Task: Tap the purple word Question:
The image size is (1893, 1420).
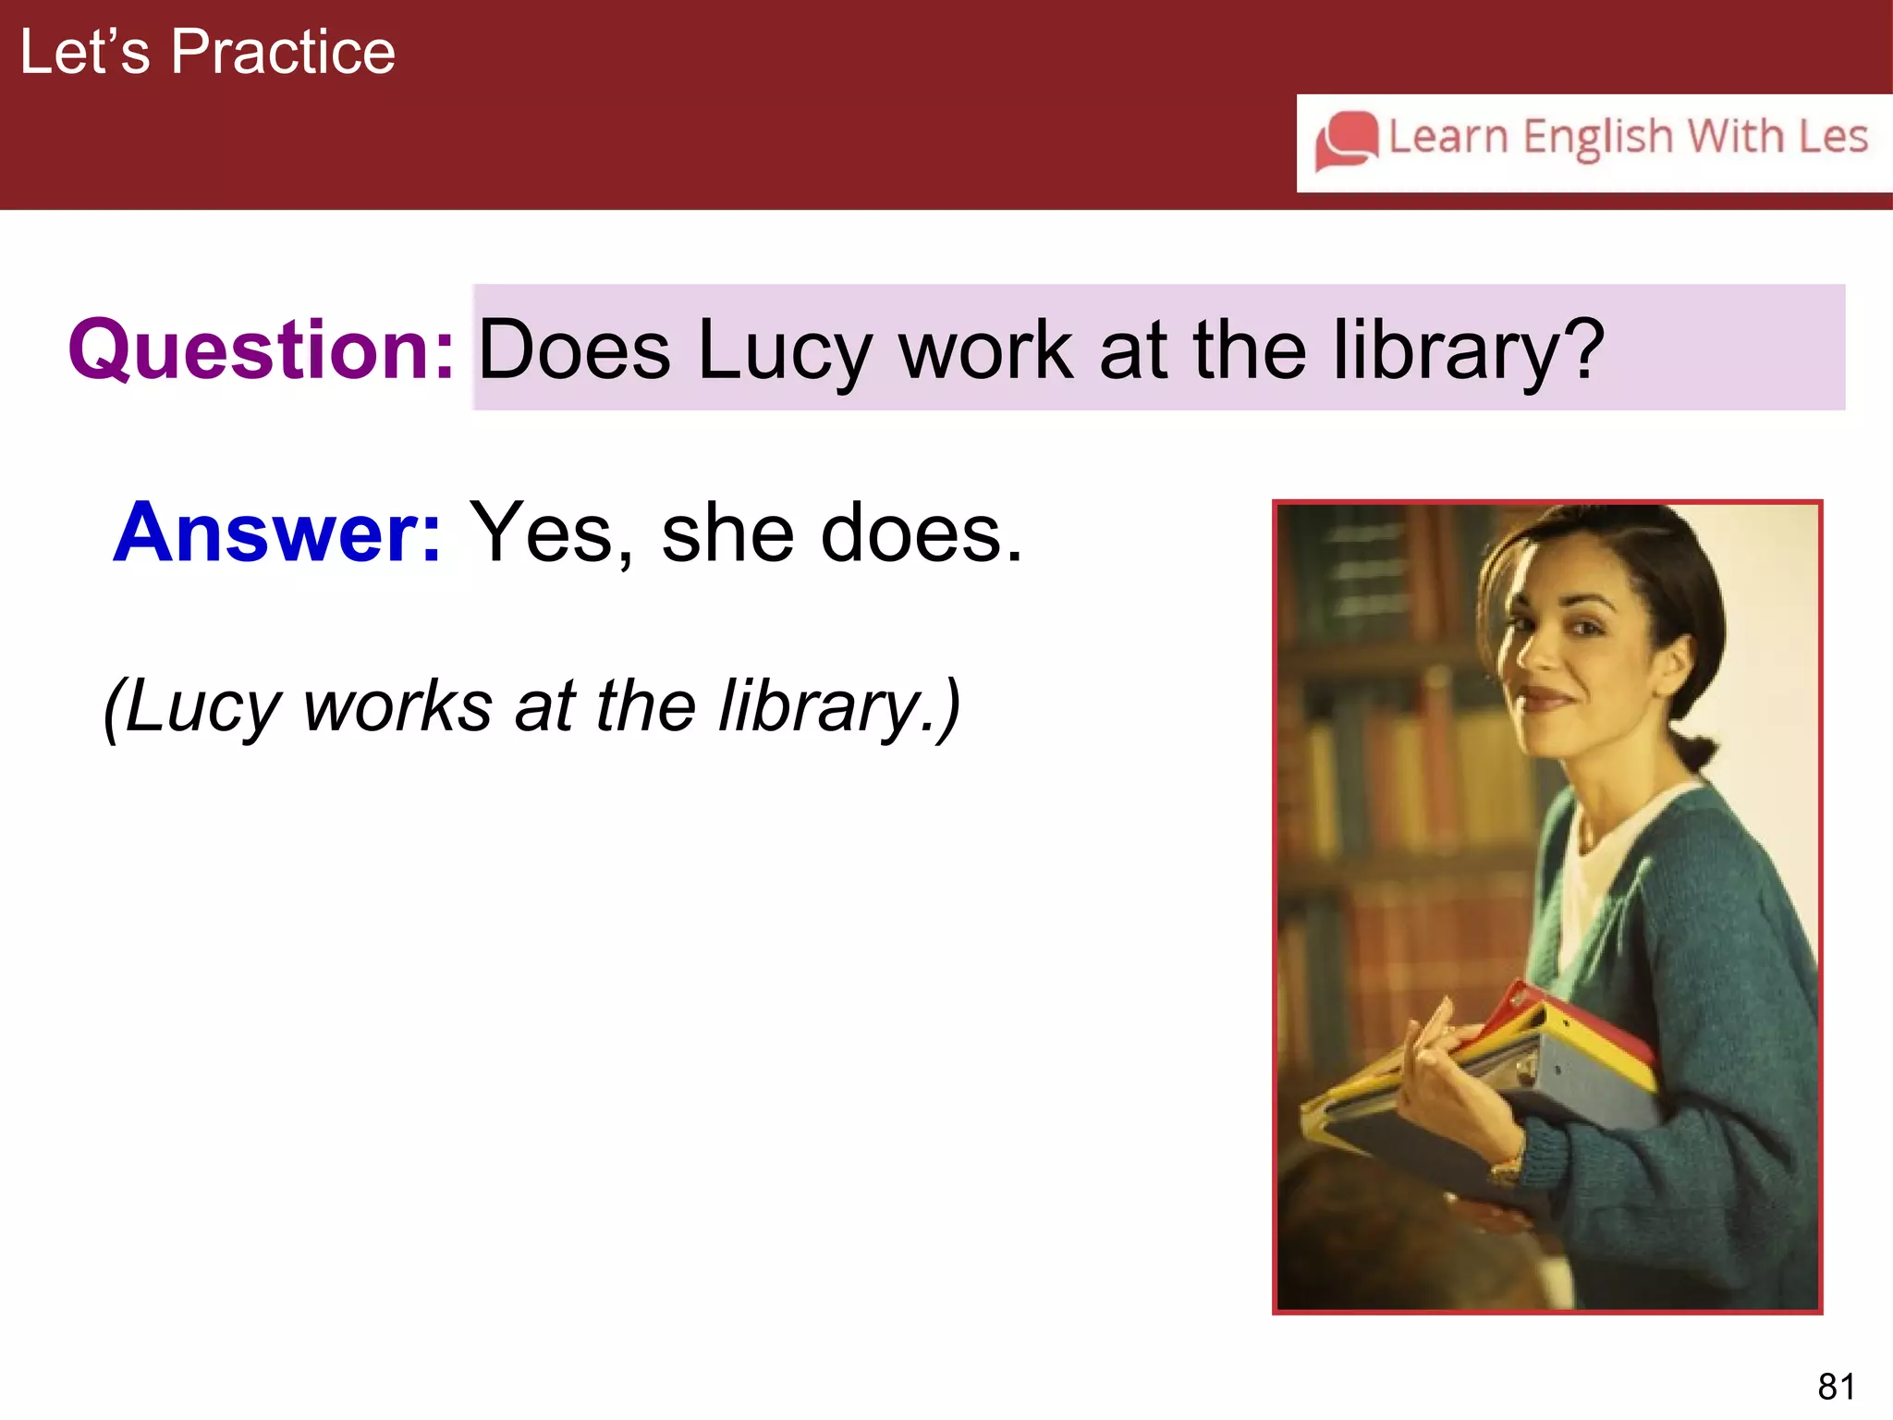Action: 262,349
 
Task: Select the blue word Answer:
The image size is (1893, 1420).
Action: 277,532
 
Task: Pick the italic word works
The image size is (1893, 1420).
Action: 398,706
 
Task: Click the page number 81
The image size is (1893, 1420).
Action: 1836,1387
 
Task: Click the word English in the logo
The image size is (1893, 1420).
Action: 1598,137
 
